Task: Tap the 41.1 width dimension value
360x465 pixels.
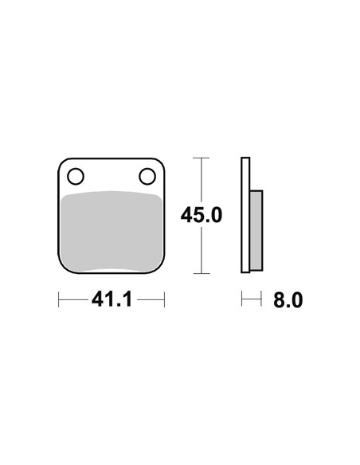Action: (x=112, y=299)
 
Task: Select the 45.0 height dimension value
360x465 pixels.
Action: (x=202, y=215)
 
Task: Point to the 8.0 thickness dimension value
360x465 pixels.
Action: (x=288, y=300)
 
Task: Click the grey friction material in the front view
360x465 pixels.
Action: (x=112, y=232)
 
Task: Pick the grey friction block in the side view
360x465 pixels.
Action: (x=256, y=231)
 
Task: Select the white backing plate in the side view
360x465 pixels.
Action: (x=245, y=215)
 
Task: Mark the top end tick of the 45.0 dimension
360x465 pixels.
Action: (x=202, y=158)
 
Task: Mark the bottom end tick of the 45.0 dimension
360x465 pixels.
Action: (x=202, y=273)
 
